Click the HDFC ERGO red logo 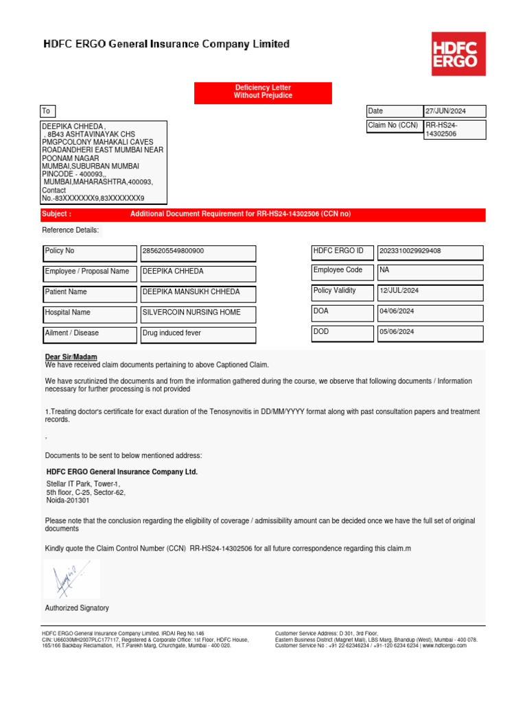[x=458, y=53]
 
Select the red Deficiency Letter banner [x=263, y=93]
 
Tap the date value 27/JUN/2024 [x=454, y=111]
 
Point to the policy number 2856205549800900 [x=198, y=252]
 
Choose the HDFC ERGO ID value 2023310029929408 [x=430, y=252]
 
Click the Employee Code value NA [x=430, y=271]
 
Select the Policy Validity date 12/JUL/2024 [x=430, y=292]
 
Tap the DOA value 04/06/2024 [x=430, y=313]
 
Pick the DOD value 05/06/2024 [x=430, y=333]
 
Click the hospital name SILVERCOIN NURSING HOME [x=198, y=314]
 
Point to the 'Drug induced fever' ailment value [x=198, y=335]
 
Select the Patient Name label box [x=90, y=293]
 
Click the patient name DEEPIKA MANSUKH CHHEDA [x=198, y=293]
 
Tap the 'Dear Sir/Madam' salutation [x=71, y=357]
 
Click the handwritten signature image [x=71, y=579]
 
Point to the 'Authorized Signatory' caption [x=77, y=608]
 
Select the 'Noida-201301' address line [x=68, y=500]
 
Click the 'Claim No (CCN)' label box [x=394, y=126]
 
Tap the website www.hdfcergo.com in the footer [x=444, y=645]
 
